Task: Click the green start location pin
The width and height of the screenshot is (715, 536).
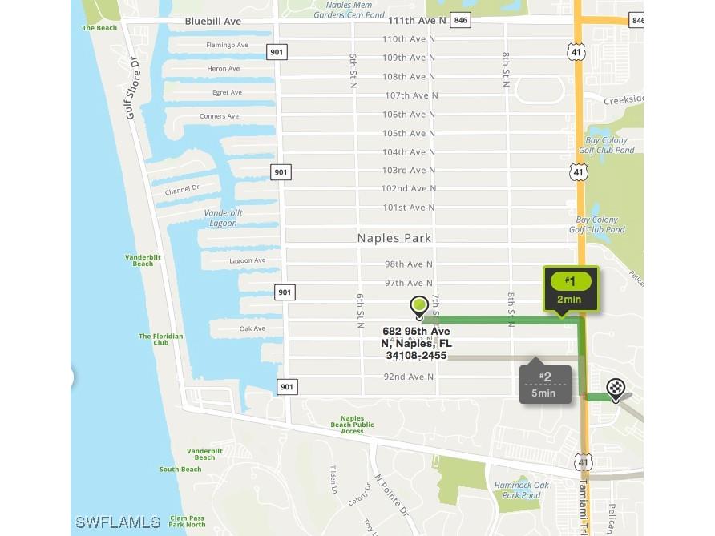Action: click(x=418, y=306)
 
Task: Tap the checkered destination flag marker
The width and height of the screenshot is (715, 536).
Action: click(x=616, y=389)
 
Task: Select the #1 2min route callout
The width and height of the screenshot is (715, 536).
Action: click(x=570, y=289)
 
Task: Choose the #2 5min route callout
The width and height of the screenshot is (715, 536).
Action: click(x=545, y=384)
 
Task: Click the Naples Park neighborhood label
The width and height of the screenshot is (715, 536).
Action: click(x=394, y=238)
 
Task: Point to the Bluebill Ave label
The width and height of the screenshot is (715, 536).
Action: click(x=212, y=22)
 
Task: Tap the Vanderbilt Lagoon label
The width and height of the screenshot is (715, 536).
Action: click(x=222, y=218)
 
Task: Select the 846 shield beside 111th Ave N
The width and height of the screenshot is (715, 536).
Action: click(x=460, y=21)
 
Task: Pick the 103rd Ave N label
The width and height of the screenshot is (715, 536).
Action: click(x=409, y=171)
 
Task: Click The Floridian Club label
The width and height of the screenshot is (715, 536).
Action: click(x=160, y=339)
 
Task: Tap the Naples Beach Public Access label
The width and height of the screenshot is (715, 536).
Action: click(x=352, y=425)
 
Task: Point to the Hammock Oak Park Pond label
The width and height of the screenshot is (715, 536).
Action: click(x=521, y=490)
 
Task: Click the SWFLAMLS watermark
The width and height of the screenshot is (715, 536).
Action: click(x=118, y=522)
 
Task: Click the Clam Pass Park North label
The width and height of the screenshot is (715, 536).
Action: click(x=188, y=521)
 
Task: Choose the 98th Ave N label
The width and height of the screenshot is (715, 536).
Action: click(x=409, y=264)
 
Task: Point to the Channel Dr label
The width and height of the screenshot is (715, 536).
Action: click(x=182, y=189)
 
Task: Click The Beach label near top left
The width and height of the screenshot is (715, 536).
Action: click(x=99, y=28)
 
